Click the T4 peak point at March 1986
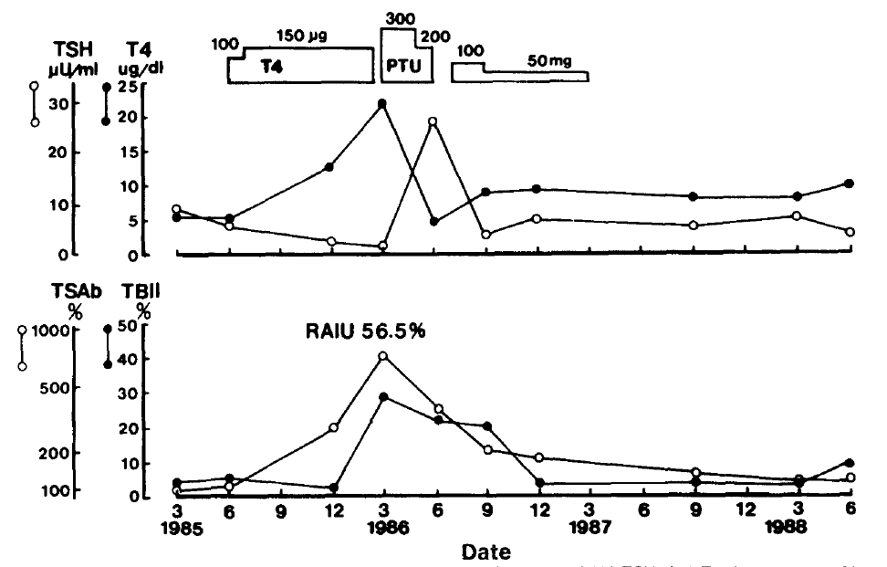pyautogui.click(x=381, y=103)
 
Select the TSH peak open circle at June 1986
pyautogui.click(x=433, y=121)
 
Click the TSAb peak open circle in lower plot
pyautogui.click(x=383, y=356)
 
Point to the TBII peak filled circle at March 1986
pyautogui.click(x=383, y=397)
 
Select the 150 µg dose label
pyautogui.click(x=302, y=36)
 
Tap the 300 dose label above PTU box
pyautogui.click(x=400, y=18)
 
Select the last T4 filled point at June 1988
pyautogui.click(x=850, y=184)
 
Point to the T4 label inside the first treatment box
pyautogui.click(x=271, y=67)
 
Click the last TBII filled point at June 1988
pyautogui.click(x=850, y=463)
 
